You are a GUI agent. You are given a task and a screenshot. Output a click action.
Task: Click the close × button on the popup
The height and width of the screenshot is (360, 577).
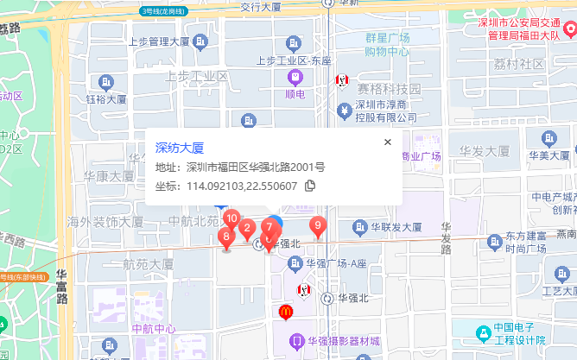(388, 142)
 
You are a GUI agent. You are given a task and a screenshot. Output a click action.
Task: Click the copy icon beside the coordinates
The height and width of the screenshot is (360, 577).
(310, 186)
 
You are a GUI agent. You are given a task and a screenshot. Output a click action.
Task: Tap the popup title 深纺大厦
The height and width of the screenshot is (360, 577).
(179, 148)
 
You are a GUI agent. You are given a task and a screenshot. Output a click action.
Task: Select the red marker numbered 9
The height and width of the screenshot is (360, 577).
(318, 227)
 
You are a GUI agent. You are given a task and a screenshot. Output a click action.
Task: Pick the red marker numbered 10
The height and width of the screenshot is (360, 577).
(231, 220)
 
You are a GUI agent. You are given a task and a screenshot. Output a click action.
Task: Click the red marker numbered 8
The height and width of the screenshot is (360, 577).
(226, 237)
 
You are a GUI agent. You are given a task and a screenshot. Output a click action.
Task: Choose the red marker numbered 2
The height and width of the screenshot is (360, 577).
(247, 231)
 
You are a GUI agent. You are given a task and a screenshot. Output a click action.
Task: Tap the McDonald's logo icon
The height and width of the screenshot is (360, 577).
(285, 313)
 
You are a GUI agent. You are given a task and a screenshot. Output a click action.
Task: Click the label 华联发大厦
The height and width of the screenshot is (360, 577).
(397, 228)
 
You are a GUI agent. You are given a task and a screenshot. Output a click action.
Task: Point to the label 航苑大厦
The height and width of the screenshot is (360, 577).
(149, 264)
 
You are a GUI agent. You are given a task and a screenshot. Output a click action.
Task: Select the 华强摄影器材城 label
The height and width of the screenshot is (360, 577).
(344, 340)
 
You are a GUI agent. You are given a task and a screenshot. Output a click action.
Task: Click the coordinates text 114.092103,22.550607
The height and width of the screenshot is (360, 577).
(242, 186)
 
